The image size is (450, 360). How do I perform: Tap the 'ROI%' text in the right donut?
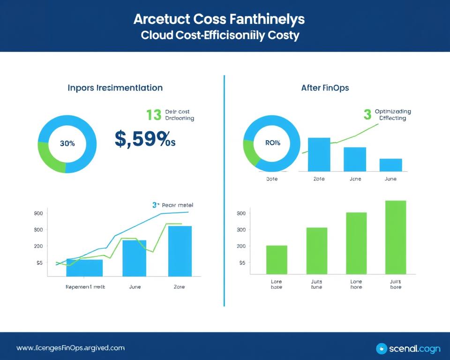tap(272, 142)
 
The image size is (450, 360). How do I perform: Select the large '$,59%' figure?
tap(144, 139)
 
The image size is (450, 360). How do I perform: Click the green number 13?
tap(153, 115)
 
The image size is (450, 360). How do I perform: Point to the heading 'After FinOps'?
tap(325, 88)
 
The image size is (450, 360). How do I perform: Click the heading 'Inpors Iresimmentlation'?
tap(115, 88)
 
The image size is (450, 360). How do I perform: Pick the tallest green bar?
tap(396, 237)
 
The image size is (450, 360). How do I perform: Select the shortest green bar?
tap(277, 260)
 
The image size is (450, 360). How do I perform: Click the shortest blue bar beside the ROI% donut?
tap(390, 165)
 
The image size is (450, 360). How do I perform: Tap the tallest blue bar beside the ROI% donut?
tap(319, 154)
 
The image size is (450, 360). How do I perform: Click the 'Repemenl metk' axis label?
tap(85, 286)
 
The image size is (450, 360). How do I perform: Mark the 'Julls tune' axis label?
tap(316, 285)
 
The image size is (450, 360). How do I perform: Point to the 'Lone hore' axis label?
tap(356, 285)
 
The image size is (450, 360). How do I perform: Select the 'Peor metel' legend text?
tap(177, 205)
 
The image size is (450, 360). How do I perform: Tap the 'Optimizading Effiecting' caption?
tap(393, 115)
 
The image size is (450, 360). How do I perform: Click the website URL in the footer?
tap(71, 348)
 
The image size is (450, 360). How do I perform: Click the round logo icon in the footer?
tap(382, 348)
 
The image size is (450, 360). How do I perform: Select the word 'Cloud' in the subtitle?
tap(157, 35)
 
